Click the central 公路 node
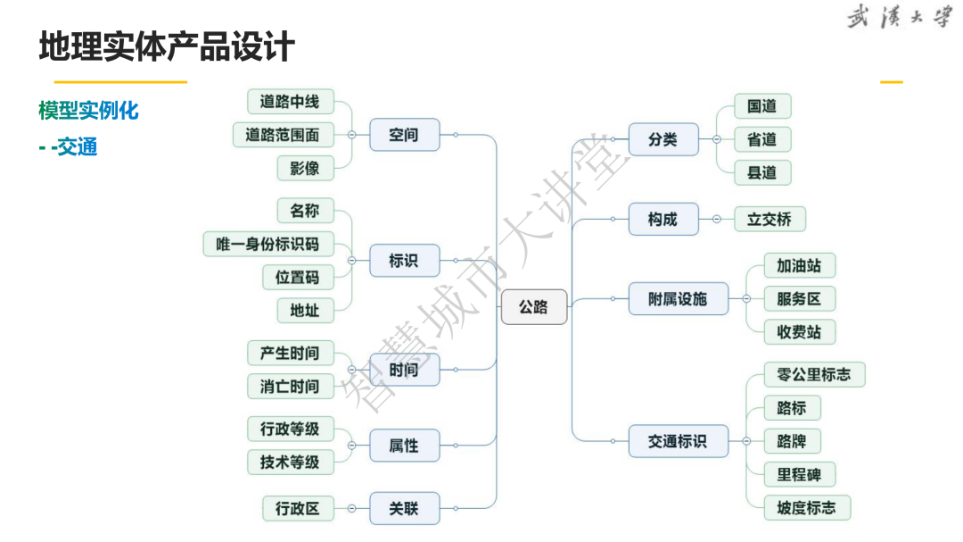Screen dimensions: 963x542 533,307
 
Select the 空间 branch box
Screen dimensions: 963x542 404,135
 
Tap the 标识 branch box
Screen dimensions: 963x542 404,261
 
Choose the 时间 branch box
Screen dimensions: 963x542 404,369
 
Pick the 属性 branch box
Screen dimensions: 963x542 404,445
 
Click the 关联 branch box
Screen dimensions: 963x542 404,509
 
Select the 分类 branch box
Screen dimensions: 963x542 663,139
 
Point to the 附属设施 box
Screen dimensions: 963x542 678,298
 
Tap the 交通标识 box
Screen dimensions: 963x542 678,440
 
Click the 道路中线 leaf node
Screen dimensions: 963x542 289,102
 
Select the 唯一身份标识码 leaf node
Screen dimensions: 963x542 267,244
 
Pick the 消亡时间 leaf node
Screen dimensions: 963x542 289,387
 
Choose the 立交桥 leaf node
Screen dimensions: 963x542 769,219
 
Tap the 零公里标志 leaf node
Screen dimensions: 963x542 814,374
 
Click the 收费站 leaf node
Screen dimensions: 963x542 798,331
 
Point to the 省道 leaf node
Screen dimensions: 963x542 761,139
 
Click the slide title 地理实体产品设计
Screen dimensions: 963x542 167,46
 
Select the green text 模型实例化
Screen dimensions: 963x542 88,111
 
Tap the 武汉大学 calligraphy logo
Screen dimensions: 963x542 898,18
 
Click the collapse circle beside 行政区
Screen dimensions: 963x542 351,509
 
